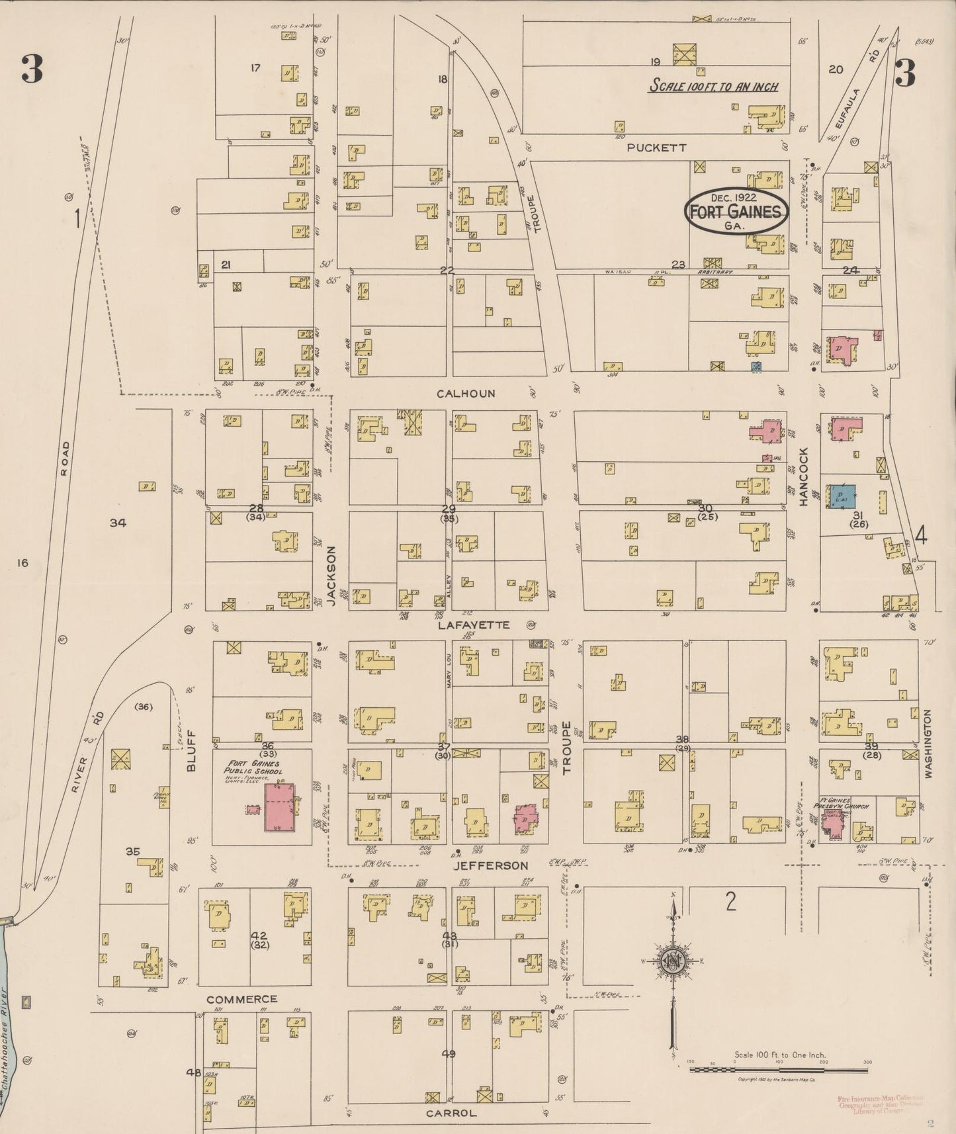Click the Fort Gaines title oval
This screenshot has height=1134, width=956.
tap(736, 212)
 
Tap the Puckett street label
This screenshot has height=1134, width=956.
tap(657, 148)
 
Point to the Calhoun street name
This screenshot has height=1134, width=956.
tap(466, 394)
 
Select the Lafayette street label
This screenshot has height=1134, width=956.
tap(474, 625)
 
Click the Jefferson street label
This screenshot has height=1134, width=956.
tap(490, 865)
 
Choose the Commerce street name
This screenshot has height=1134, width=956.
tap(241, 999)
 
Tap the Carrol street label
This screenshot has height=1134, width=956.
tap(451, 1113)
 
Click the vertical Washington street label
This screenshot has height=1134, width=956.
tap(928, 743)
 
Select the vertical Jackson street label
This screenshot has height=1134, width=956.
tap(331, 576)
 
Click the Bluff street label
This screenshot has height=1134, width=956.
tap(191, 750)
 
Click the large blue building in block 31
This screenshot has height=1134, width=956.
tap(840, 496)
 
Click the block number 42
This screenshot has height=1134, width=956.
tap(258, 936)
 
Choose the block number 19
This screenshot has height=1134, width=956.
tap(655, 62)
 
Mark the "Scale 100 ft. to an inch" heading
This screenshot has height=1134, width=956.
tap(713, 86)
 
